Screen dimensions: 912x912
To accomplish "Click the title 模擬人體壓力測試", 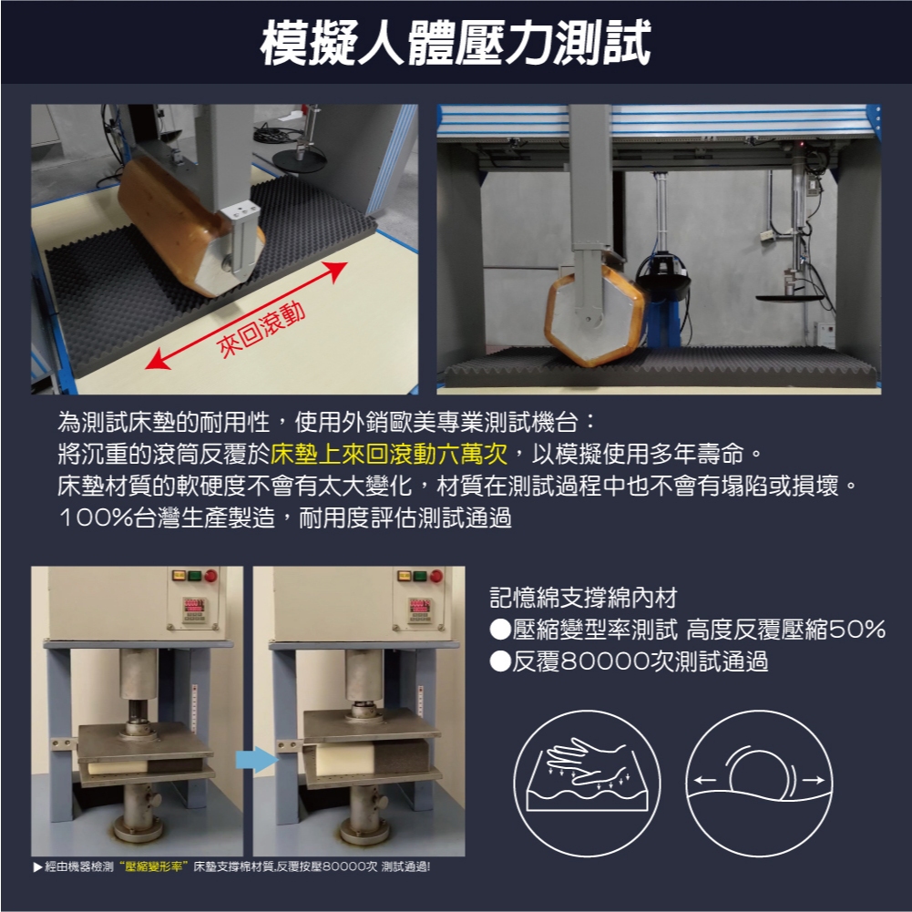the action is [x=456, y=43].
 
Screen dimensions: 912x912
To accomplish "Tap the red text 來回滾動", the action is [x=261, y=330].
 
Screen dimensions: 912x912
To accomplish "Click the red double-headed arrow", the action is [x=246, y=316].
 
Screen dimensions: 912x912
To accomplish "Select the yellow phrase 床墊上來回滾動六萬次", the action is [x=389, y=454].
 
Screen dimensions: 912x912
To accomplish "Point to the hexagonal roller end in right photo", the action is [x=594, y=315].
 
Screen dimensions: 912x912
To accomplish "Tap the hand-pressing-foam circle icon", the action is [x=587, y=784].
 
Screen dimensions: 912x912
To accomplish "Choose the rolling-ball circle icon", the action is [x=759, y=784].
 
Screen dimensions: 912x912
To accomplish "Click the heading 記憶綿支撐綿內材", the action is [x=583, y=598].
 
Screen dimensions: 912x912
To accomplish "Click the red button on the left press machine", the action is [x=210, y=576].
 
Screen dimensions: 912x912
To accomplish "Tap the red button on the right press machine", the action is [x=436, y=576].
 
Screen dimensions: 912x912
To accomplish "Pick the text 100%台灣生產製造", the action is [x=167, y=517].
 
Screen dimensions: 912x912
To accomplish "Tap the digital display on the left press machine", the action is [x=194, y=606].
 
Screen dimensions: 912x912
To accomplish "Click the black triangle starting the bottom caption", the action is [x=37, y=867].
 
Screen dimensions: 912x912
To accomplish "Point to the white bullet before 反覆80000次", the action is [x=500, y=661].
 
